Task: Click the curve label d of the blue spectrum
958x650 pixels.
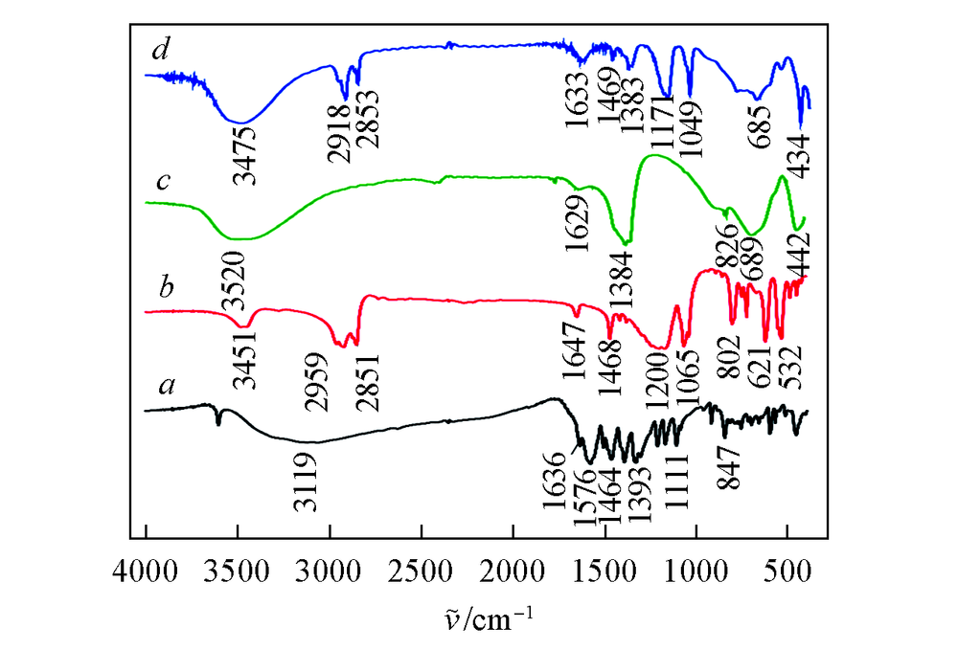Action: [x=159, y=50]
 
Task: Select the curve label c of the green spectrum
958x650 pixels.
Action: [x=163, y=181]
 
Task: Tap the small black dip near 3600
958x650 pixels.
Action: [x=219, y=422]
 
